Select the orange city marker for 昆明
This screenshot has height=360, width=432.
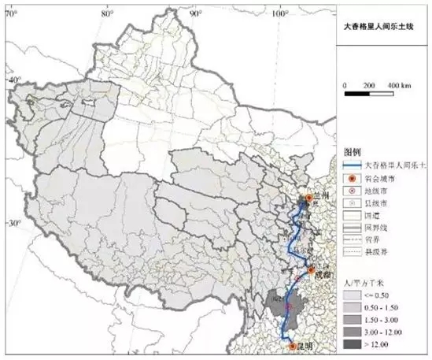(x=293, y=345)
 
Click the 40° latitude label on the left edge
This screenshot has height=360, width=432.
(x=12, y=80)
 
